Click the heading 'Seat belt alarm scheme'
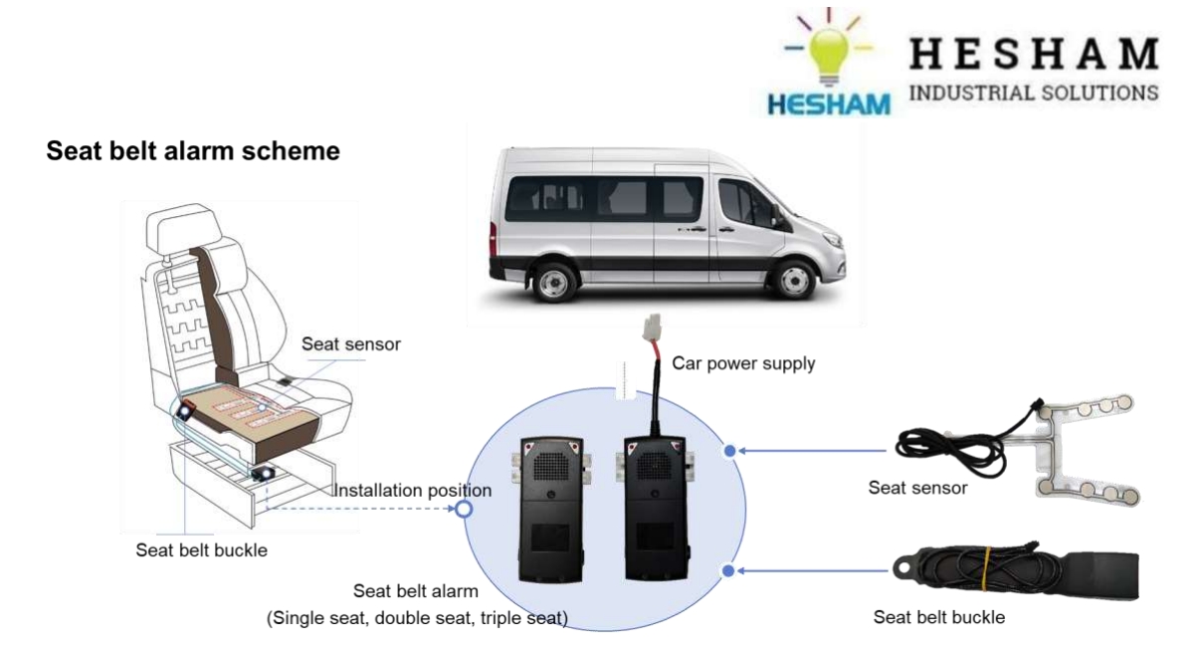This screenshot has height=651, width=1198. point(193,151)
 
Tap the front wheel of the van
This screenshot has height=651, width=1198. point(792,280)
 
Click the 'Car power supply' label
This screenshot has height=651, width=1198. point(743,363)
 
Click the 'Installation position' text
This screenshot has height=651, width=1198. point(412,491)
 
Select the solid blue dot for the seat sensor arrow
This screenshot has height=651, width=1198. point(729,451)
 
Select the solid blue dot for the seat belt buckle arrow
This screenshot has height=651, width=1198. point(729,570)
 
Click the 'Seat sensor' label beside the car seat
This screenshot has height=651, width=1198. point(351,343)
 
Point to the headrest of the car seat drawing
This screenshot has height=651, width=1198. point(179,231)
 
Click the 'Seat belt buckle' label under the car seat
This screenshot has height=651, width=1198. point(201,549)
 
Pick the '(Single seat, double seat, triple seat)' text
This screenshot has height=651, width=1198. point(417,618)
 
